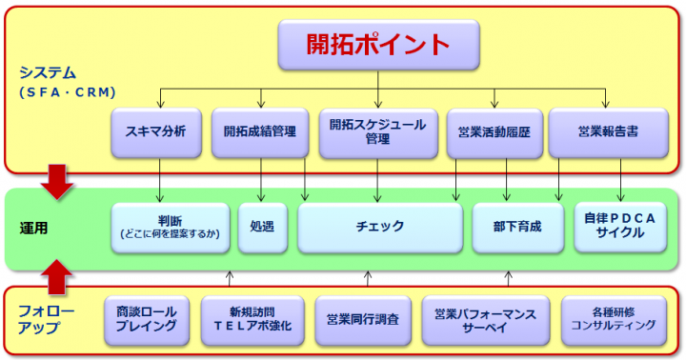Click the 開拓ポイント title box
pos(378,44)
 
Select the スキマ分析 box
pos(156,132)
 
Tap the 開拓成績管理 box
pos(260,132)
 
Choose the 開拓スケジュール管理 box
pos(378,132)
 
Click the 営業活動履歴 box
pos(494,132)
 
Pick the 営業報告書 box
pos(606,132)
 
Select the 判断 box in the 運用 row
pos(170,227)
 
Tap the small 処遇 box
pos(261,227)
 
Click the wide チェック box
pos(379,227)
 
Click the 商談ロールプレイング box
pos(146,319)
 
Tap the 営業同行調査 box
pos(362,319)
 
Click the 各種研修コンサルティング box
pos(608,319)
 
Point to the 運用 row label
pos(34,229)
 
